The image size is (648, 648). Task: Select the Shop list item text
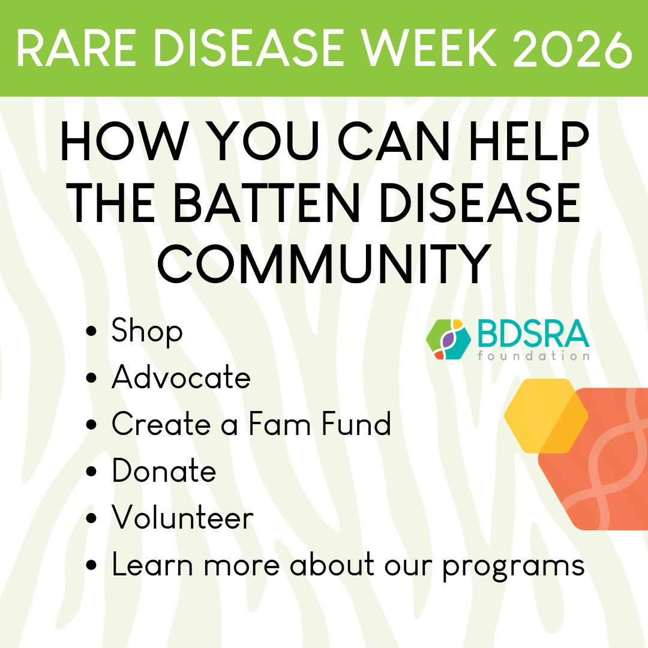(x=147, y=332)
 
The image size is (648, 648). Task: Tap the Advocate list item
(x=181, y=377)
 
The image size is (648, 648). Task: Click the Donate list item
(x=164, y=471)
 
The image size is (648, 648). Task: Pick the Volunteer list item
(x=182, y=518)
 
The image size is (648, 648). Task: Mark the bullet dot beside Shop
(x=92, y=332)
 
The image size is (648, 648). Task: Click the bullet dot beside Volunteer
(x=92, y=518)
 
